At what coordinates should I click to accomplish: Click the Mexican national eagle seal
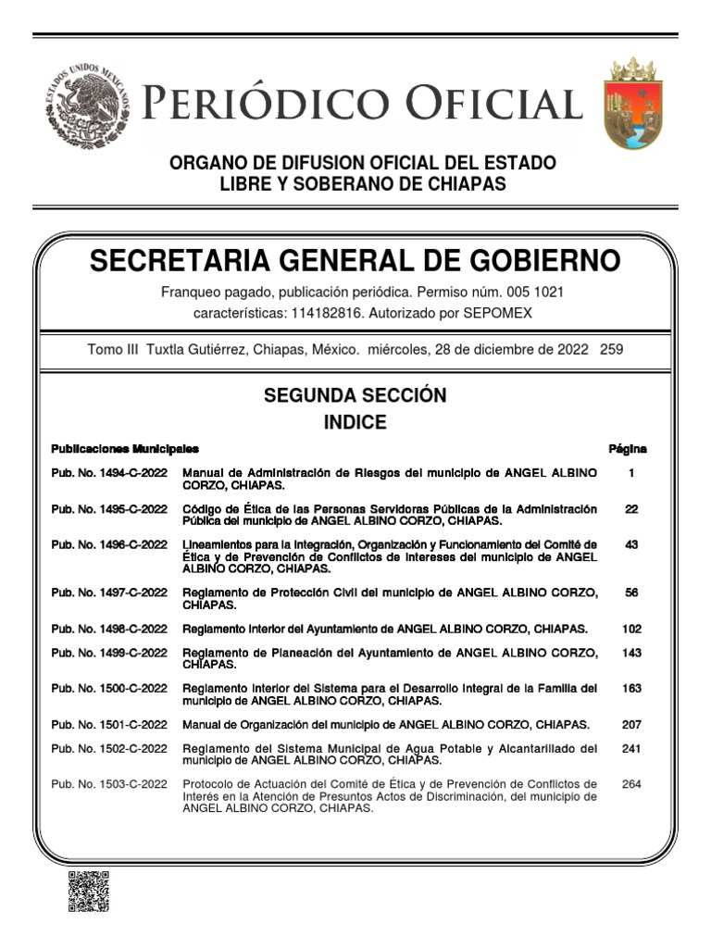pyautogui.click(x=87, y=106)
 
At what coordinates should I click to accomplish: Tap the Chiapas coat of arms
pyautogui.click(x=633, y=103)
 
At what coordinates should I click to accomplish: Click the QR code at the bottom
pyautogui.click(x=88, y=891)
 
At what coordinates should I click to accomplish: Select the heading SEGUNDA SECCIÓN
pyautogui.click(x=355, y=395)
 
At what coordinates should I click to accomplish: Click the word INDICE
pyautogui.click(x=355, y=423)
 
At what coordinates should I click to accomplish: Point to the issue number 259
pyautogui.click(x=612, y=350)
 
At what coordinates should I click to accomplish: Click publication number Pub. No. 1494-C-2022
pyautogui.click(x=109, y=473)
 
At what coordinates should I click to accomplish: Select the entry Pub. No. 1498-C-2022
pyautogui.click(x=109, y=629)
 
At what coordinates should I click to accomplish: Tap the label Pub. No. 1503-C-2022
pyautogui.click(x=109, y=784)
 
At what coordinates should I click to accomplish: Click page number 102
pyautogui.click(x=631, y=629)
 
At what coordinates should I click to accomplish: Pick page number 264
pyautogui.click(x=631, y=784)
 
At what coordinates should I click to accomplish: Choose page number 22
pyautogui.click(x=631, y=509)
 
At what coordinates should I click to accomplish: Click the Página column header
pyautogui.click(x=628, y=449)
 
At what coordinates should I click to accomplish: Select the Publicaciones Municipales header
pyautogui.click(x=125, y=449)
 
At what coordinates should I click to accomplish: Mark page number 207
pyautogui.click(x=631, y=725)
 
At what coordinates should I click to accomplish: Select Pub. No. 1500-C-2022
pyautogui.click(x=109, y=689)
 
